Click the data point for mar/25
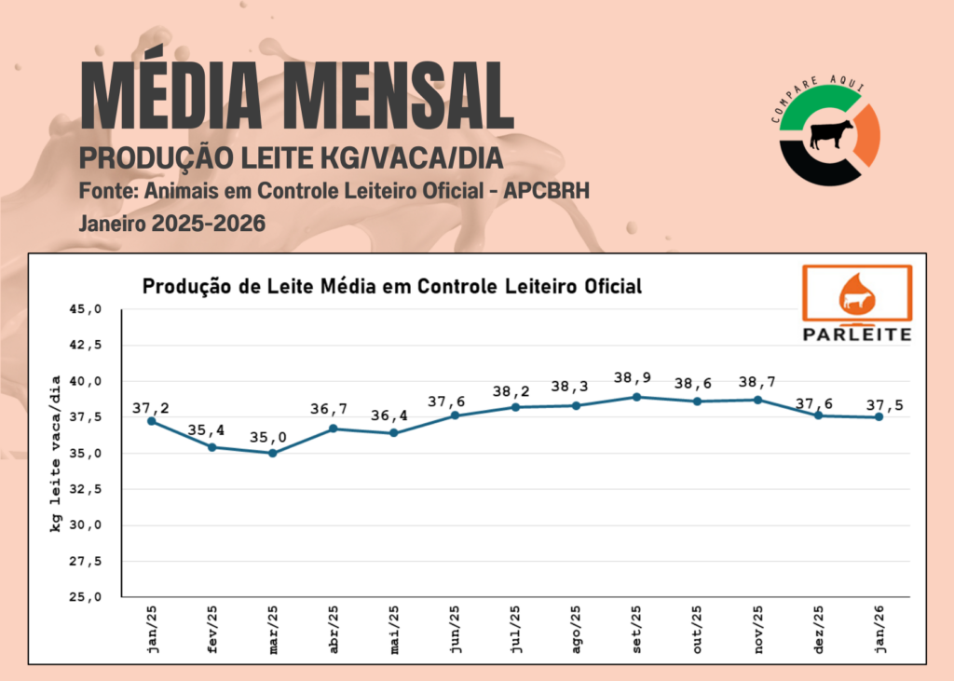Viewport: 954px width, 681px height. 272,453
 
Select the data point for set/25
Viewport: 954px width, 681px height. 636,397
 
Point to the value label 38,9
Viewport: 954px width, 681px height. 633,378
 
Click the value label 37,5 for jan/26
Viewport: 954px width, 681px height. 884,406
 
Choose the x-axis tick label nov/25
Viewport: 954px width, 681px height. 756,629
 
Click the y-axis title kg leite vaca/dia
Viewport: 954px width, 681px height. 56,454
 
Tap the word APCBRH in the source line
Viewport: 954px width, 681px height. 546,191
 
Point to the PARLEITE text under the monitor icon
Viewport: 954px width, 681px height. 856,333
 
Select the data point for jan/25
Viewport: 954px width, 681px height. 151,421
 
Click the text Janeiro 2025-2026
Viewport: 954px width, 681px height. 172,225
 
